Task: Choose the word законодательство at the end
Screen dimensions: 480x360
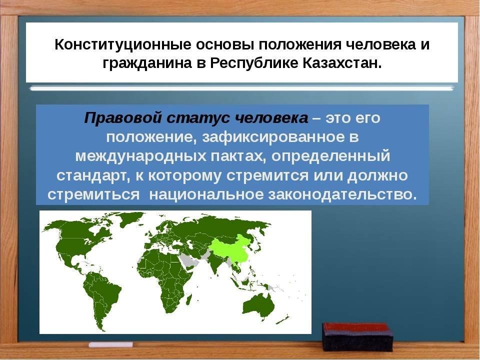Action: (x=342, y=195)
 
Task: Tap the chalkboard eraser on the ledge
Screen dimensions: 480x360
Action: (x=357, y=336)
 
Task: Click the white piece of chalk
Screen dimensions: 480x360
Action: (x=111, y=344)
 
